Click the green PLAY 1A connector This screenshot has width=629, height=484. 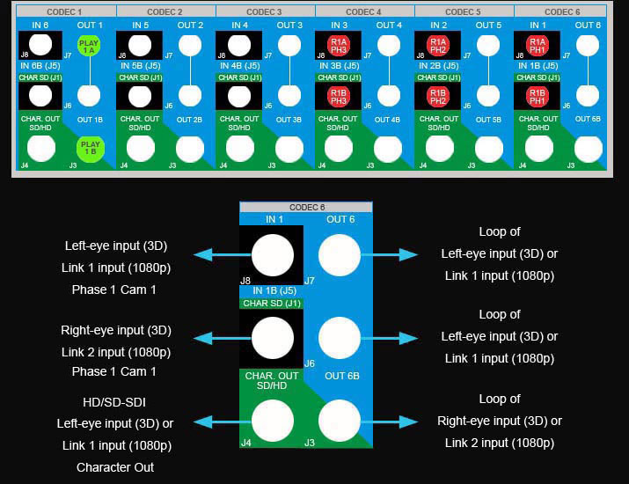point(88,47)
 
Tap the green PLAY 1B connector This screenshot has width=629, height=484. point(88,147)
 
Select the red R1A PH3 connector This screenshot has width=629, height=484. point(339,47)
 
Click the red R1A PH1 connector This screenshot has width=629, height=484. point(538,47)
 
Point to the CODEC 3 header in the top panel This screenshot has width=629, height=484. point(264,12)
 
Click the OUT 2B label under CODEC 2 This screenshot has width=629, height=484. point(189,120)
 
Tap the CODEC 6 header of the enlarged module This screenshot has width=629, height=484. point(305,208)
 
